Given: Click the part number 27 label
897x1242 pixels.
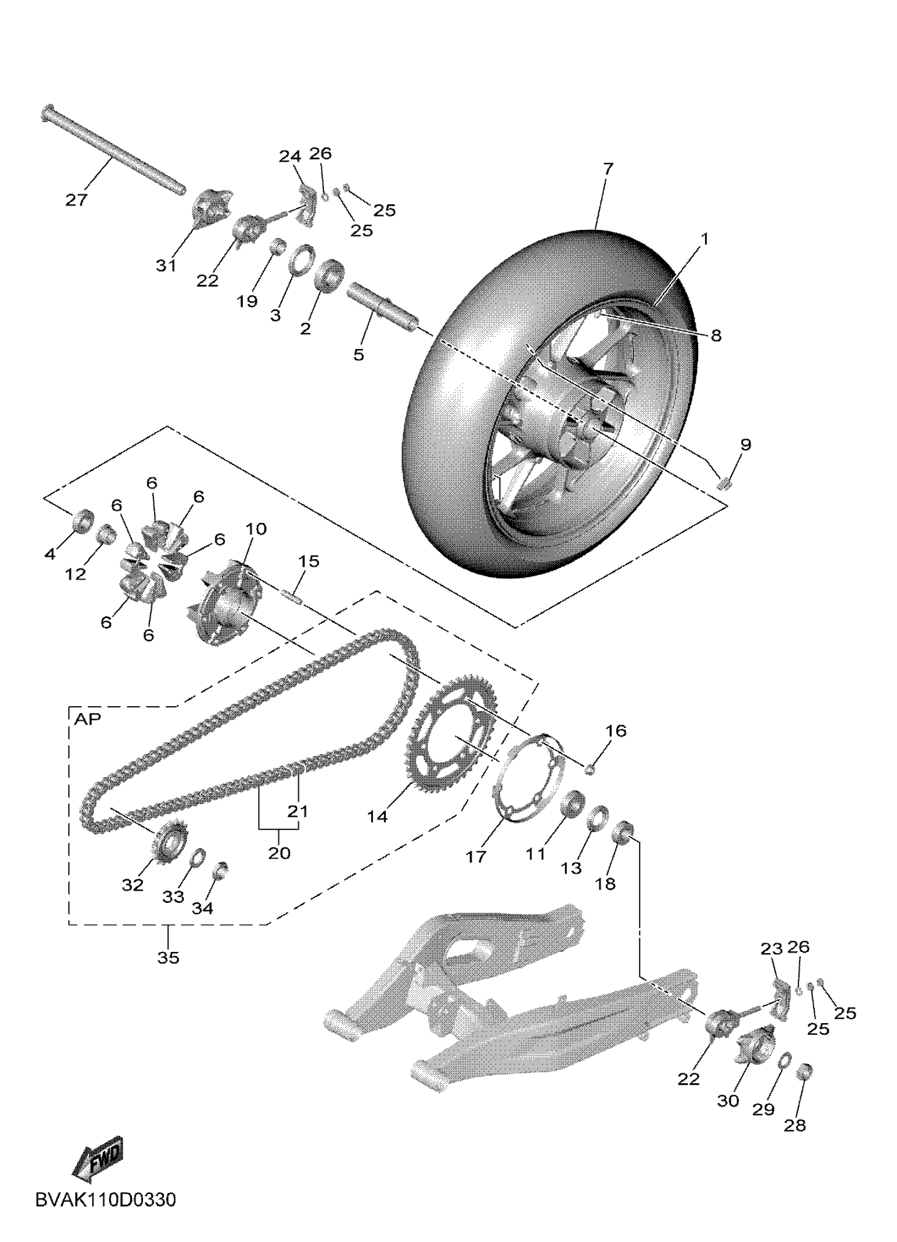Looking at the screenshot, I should [76, 200].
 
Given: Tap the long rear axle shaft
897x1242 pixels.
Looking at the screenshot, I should [112, 148].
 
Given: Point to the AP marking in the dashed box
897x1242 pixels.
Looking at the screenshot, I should [88, 719].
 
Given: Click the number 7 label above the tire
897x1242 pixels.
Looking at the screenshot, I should [608, 169].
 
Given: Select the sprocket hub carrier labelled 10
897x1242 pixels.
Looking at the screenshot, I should [225, 599].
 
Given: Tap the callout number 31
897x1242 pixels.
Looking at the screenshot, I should [166, 266].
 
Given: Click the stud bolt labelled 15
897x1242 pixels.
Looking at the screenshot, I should [292, 595].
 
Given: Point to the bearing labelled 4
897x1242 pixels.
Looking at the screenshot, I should [83, 519].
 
